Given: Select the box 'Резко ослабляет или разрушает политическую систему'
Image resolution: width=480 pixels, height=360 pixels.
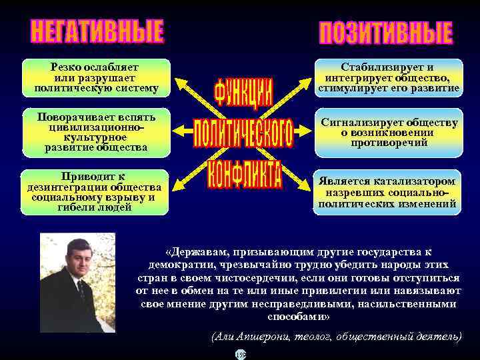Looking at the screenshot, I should coord(96,77).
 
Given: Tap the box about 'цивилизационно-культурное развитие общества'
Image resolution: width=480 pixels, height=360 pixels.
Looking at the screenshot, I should coord(96,132).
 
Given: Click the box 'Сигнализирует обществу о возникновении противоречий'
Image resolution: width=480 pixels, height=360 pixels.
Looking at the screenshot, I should coord(389,132).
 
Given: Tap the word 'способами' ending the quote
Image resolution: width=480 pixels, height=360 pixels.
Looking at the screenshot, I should coord(298,316).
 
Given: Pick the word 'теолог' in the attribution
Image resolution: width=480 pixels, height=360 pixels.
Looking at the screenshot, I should coord(313,337).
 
